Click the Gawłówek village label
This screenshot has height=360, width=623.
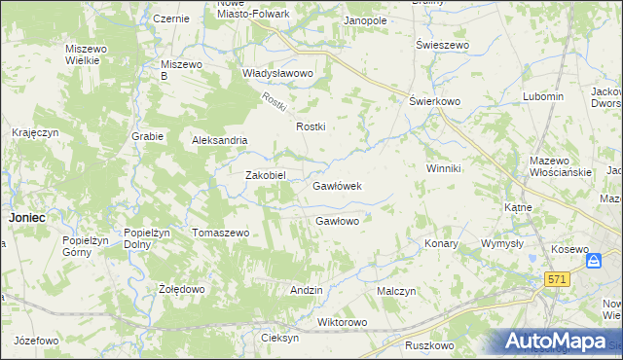337,186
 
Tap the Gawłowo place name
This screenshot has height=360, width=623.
338,221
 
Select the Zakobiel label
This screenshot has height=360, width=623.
264,175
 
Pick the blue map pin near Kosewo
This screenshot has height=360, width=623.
593,261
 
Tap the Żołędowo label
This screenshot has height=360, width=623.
181,290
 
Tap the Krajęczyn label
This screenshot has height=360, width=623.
36,132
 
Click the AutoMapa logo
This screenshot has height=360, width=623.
558,342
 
